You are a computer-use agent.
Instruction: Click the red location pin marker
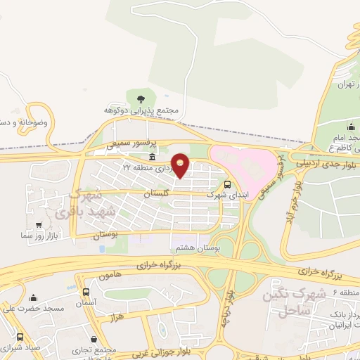[x=181, y=165]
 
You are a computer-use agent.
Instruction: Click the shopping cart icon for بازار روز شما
[x=37, y=226]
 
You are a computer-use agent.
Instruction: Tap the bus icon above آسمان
[x=86, y=292]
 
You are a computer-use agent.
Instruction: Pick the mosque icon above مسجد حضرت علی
[x=32, y=298]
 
